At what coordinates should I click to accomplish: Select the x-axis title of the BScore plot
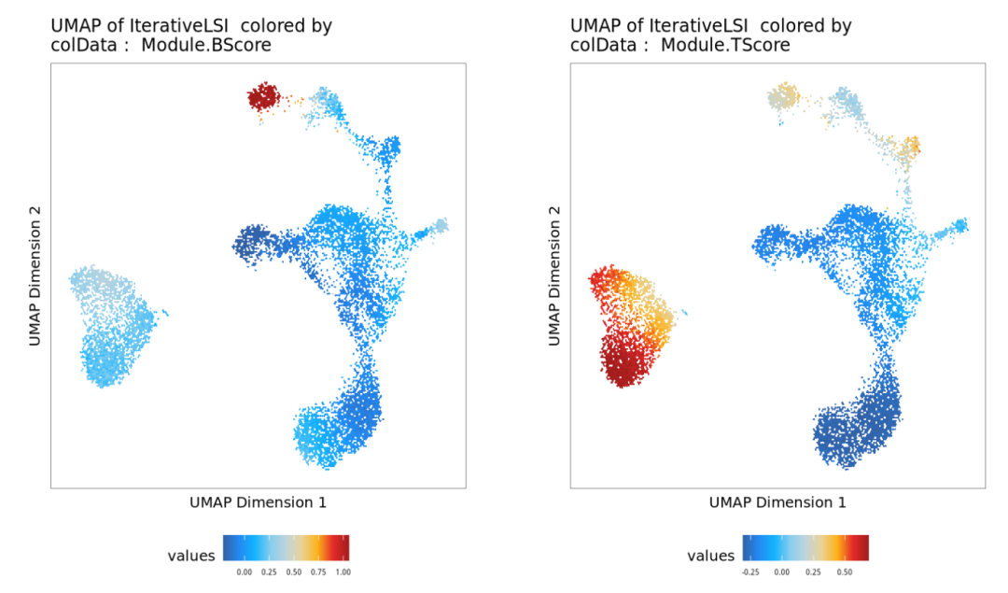(258, 502)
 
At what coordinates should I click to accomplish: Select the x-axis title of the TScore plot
(777, 502)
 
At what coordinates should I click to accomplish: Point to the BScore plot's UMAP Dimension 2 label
(35, 276)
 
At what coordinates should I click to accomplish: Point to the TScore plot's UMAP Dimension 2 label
(555, 276)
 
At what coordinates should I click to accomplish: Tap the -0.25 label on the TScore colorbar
(749, 571)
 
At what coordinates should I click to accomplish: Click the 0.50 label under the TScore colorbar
(845, 571)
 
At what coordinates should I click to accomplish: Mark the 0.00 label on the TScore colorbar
(781, 571)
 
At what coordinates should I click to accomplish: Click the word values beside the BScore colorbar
(191, 556)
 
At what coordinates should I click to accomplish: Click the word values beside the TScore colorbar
(711, 556)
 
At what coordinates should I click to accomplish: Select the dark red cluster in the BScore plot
(263, 96)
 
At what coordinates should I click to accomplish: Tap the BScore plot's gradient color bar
(287, 547)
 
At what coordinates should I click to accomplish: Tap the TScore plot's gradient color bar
(806, 547)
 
